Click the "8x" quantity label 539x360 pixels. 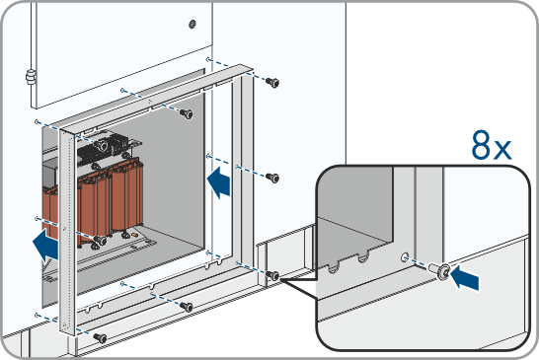tap(492, 146)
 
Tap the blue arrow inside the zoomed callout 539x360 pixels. tap(465, 277)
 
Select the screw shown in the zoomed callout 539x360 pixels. tap(439, 270)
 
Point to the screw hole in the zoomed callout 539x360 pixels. tap(406, 256)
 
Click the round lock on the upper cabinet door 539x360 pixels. tap(192, 24)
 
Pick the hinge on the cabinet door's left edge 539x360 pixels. tap(31, 77)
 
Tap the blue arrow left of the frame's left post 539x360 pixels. tap(45, 246)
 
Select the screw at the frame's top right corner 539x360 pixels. tap(272, 83)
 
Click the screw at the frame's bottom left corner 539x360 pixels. tap(100, 338)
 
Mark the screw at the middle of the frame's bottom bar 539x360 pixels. tap(187, 307)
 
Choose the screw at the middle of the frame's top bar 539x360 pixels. tap(187, 113)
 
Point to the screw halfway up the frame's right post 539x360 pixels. tap(272, 178)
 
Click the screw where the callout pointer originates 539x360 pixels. tap(272, 275)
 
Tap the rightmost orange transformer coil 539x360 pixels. tap(127, 196)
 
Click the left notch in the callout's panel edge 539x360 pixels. tap(333, 266)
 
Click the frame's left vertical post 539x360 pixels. tap(67, 231)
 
